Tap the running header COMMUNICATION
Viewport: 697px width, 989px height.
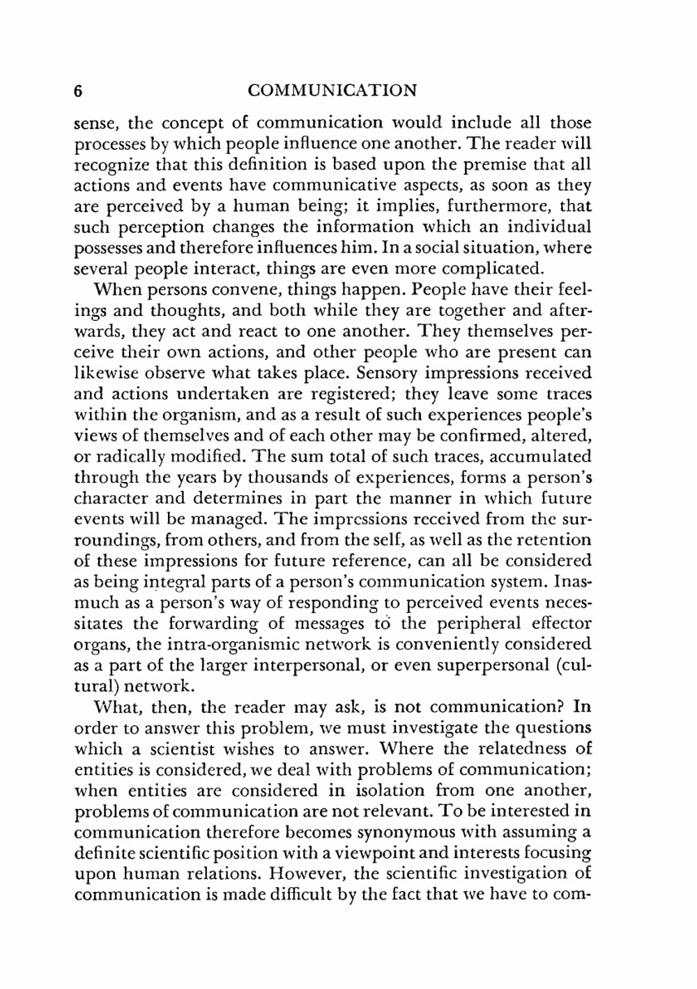click(x=332, y=91)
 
